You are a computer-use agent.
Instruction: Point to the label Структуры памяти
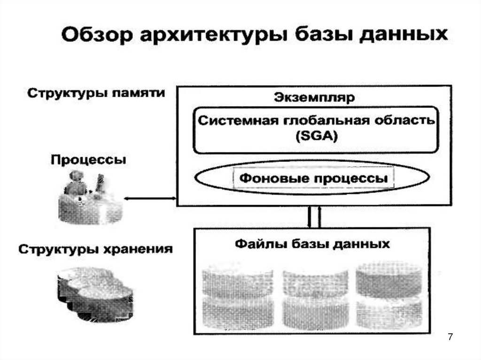point(96,92)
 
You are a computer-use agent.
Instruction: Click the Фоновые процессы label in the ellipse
point(314,178)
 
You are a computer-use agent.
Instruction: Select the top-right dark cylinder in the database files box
point(389,279)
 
